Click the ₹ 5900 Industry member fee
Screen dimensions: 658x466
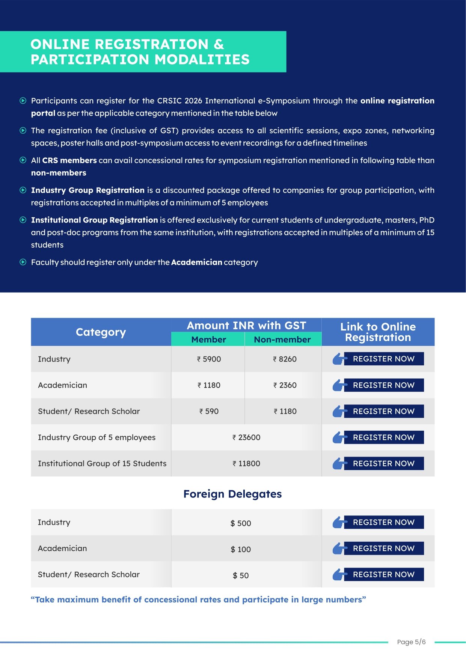[x=209, y=359]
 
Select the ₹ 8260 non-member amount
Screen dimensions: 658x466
[x=285, y=359]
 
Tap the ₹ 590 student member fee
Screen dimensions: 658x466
[x=209, y=411]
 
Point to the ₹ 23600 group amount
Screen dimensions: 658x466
[x=246, y=437]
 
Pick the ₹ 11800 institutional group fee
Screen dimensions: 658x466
[x=246, y=463]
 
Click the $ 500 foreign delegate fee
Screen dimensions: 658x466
[x=241, y=523]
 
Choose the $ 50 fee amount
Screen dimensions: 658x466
[x=241, y=575]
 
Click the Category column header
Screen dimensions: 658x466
[x=101, y=332]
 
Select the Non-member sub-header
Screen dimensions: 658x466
[x=282, y=340]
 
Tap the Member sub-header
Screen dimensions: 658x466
[x=209, y=340]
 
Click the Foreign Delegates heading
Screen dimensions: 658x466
[x=232, y=494]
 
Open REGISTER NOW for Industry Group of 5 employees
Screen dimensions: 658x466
[x=383, y=437]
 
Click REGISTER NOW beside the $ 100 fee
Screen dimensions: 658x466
[x=383, y=548]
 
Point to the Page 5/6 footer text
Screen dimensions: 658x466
[x=411, y=642]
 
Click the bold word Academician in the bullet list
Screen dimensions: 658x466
[x=197, y=262]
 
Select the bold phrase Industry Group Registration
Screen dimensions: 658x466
[x=87, y=190]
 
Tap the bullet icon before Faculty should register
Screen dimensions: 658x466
[x=23, y=262]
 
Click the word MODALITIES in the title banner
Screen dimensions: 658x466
[x=202, y=60]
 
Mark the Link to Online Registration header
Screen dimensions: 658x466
[x=378, y=332]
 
